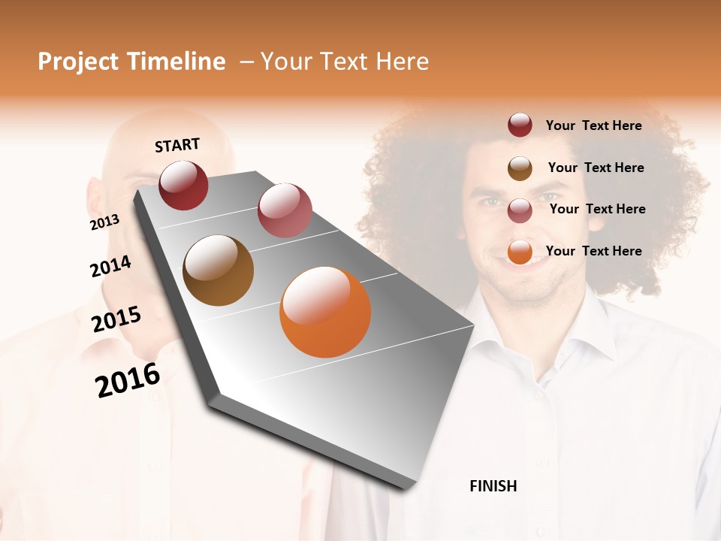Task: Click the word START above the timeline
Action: point(177,145)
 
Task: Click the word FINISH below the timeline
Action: point(493,486)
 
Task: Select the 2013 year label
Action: point(104,222)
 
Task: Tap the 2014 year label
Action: point(110,266)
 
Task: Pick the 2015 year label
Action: point(116,319)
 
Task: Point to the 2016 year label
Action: point(128,379)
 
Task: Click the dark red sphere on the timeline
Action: point(183,185)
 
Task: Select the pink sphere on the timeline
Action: point(285,210)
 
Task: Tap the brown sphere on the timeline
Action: point(218,270)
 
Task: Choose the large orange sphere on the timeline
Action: point(325,312)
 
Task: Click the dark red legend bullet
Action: point(520,125)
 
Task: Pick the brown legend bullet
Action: point(520,168)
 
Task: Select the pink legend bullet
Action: point(520,210)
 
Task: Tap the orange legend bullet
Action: point(520,252)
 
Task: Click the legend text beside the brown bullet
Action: point(596,168)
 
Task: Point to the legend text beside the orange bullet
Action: point(593,251)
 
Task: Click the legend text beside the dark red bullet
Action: point(593,125)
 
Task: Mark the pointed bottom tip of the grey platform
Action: point(409,488)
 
